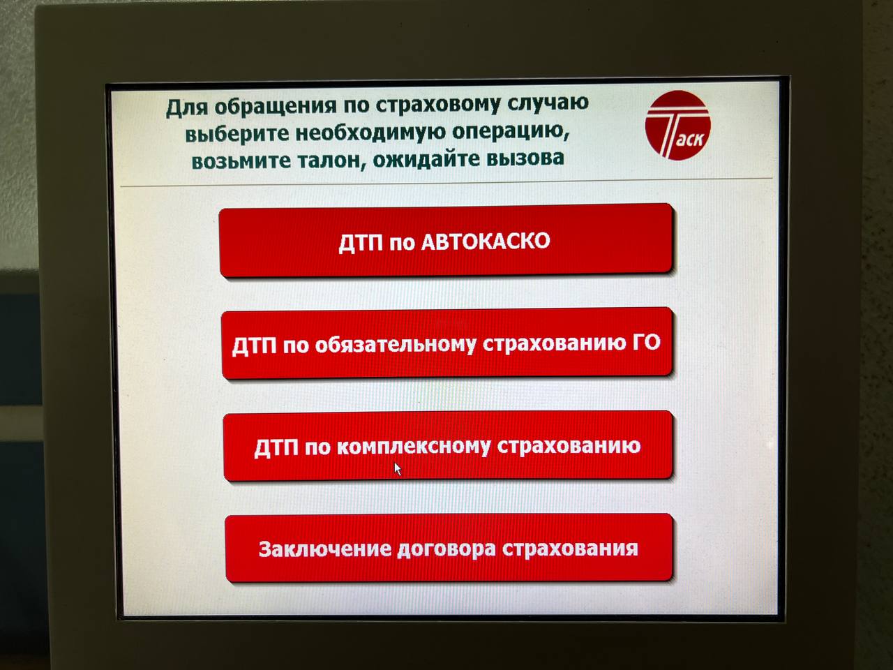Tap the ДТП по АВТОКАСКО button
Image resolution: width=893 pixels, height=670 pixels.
click(445, 241)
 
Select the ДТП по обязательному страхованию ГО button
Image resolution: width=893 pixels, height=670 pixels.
click(446, 343)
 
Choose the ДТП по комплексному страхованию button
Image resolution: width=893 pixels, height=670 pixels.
click(447, 446)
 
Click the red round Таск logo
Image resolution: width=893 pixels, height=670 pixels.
click(677, 126)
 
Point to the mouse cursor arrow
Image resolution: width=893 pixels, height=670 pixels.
click(397, 468)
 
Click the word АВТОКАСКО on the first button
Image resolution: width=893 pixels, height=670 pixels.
click(486, 241)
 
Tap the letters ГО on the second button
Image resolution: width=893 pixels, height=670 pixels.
click(646, 342)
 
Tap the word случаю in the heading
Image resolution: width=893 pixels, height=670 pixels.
click(548, 103)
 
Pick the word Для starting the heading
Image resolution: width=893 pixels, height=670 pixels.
click(186, 107)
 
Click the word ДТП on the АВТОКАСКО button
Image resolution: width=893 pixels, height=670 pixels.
click(360, 243)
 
